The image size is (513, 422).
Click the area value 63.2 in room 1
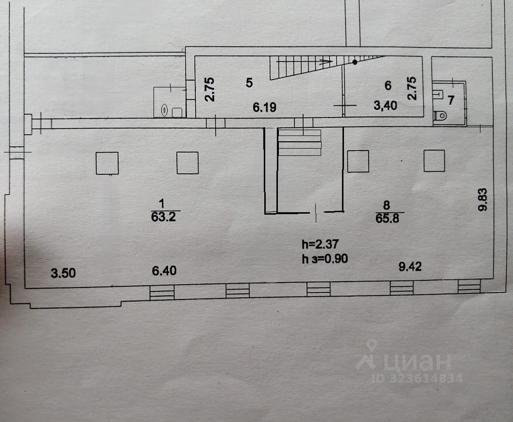point(162,216)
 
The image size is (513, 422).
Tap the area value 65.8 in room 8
point(387,218)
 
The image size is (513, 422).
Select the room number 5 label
point(249,82)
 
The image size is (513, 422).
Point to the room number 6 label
point(388,86)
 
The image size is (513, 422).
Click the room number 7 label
point(450,101)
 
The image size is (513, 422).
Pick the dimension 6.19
point(265,107)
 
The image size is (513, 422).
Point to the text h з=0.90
point(325,258)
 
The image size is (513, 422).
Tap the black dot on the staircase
point(355,62)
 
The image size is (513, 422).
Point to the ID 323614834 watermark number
point(417,378)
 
